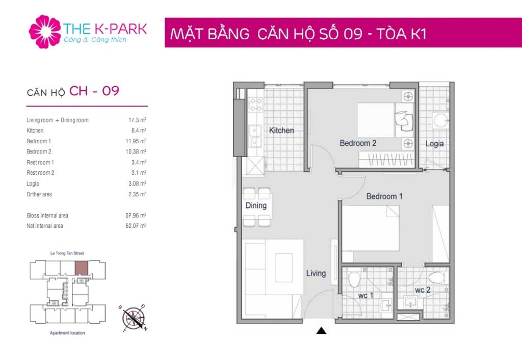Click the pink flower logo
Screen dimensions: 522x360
pos(45,32)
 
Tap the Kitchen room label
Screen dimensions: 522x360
pos(281,130)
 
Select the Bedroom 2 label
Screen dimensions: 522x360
pos(358,143)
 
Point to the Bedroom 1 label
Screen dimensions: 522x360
pos(384,196)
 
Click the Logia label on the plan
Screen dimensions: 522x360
pos(434,143)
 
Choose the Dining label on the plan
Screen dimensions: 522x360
pos(256,205)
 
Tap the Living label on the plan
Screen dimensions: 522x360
pos(316,273)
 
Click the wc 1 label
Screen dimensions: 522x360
pos(366,295)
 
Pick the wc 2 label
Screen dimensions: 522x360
pos(423,290)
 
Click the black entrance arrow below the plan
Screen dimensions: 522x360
pos(321,330)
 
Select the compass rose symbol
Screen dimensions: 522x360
pos(134,318)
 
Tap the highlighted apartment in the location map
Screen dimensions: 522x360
pos(82,268)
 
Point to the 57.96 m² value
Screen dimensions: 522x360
pos(136,216)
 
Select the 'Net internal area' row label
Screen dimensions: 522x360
pos(45,226)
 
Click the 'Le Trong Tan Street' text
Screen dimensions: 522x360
pos(67,253)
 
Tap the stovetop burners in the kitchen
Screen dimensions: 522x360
pos(256,104)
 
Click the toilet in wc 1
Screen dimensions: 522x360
pos(354,279)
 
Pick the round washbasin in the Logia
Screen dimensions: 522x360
pos(441,120)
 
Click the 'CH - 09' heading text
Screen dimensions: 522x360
pos(94,91)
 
